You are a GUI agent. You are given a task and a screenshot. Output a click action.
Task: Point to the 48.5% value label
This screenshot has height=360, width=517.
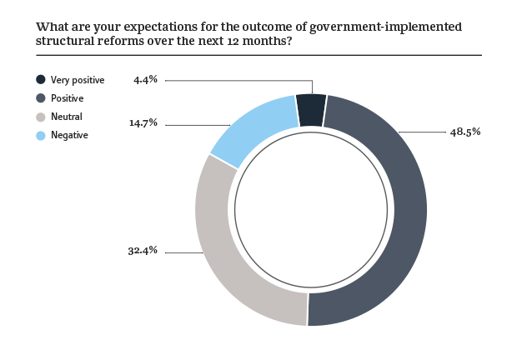pos(465,132)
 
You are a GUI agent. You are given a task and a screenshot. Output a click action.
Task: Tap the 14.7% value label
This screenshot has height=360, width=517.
pos(143,123)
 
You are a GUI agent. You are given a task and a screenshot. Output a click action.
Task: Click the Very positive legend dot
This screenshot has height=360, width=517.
pos(40,80)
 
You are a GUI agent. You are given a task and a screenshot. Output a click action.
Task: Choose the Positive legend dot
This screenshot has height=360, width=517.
pos(40,98)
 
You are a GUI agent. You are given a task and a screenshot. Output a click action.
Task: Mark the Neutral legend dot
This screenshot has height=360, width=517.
pos(40,117)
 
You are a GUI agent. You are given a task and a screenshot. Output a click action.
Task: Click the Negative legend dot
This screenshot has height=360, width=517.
pos(40,134)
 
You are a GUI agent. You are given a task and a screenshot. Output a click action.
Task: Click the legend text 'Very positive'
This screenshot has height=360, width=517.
pos(78,80)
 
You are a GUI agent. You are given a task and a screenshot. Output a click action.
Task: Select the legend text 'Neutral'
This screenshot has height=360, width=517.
pos(67,117)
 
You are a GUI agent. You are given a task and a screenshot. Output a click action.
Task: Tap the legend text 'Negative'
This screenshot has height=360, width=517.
pos(69,134)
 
